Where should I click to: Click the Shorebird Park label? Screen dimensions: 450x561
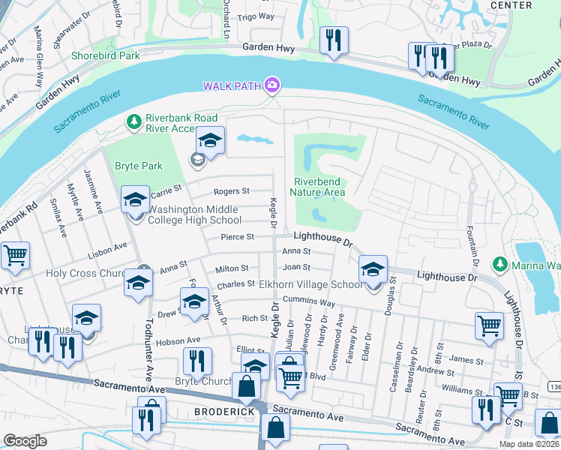(x=106, y=55)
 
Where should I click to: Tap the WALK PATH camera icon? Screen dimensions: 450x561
(x=272, y=85)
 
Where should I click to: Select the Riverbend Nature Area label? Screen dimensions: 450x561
(x=319, y=187)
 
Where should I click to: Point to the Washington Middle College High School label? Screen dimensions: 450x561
(x=194, y=214)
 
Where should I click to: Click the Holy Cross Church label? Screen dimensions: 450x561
(x=86, y=273)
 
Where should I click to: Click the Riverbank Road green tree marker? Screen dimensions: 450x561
(x=133, y=121)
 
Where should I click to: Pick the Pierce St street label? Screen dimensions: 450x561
(x=238, y=237)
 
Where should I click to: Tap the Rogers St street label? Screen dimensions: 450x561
(x=231, y=191)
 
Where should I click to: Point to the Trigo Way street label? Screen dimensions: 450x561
(x=256, y=16)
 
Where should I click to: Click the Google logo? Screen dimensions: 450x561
(x=25, y=441)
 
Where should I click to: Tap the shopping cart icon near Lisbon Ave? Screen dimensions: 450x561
(x=15, y=256)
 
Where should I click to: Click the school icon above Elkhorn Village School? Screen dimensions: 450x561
(x=373, y=270)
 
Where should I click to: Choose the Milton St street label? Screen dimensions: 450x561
(x=232, y=268)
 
